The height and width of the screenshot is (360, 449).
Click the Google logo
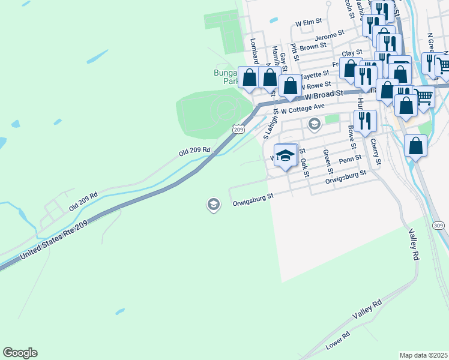tap(20, 353)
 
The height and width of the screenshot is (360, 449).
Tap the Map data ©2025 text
tap(424, 355)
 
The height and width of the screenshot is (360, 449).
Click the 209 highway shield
tap(238, 129)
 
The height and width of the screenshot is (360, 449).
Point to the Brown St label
tap(313, 46)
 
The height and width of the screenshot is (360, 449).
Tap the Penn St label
tap(350, 160)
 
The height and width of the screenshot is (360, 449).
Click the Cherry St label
tap(376, 151)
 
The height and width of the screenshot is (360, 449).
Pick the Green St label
tap(328, 158)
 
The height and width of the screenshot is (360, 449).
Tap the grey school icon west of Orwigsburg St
tap(212, 205)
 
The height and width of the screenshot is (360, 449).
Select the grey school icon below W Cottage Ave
tap(314, 125)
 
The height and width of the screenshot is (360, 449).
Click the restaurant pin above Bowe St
tap(364, 121)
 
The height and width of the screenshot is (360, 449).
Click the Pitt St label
tap(294, 51)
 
